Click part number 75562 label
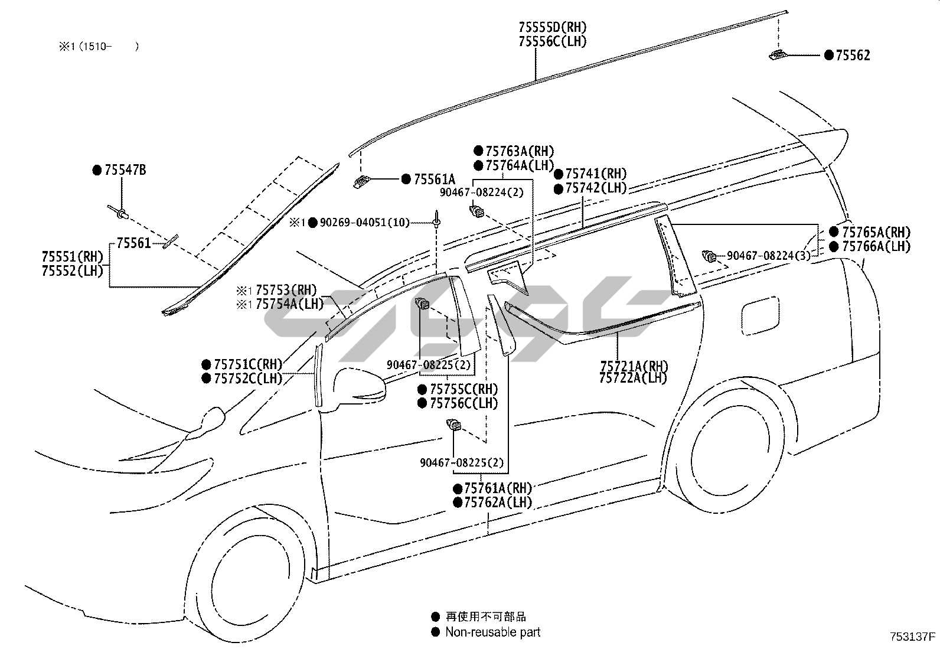point(852,56)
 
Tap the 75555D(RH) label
point(553,27)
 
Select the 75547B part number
point(125,171)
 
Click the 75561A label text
point(435,180)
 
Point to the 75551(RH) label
point(73,257)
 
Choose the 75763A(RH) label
point(520,152)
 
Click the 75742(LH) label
point(596,188)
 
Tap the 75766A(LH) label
point(876,247)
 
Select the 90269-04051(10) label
point(364,223)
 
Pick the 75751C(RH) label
point(248,364)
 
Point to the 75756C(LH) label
point(464,403)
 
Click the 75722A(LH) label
point(633,378)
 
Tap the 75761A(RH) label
point(498,488)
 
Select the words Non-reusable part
point(492,632)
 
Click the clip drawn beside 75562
point(778,56)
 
